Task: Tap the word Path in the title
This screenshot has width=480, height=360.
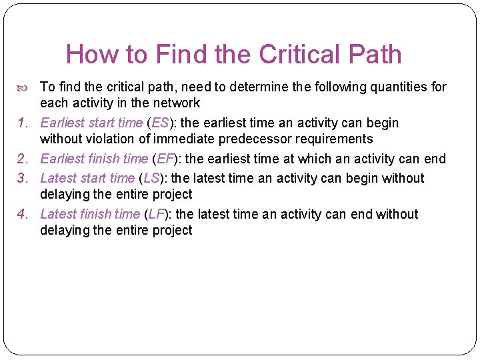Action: click(377, 54)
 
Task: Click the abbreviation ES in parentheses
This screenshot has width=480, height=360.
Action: click(160, 123)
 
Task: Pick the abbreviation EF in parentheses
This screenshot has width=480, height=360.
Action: click(165, 159)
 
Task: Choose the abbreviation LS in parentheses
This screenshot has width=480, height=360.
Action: click(151, 179)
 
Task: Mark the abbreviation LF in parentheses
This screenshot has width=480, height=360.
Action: click(157, 215)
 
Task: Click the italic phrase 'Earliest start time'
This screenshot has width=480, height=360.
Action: click(91, 123)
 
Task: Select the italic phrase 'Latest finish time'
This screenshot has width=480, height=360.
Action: click(90, 215)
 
